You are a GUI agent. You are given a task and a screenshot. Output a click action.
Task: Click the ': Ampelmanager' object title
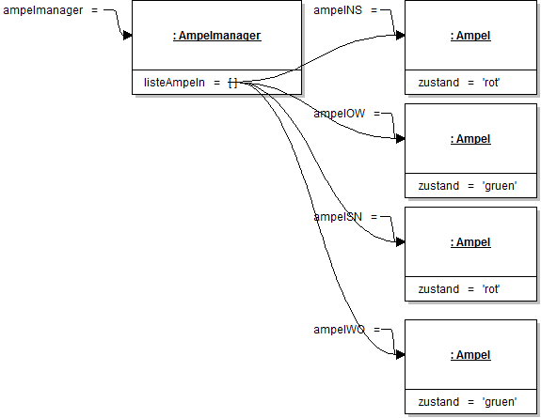point(216,36)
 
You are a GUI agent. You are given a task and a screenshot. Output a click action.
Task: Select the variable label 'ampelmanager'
point(44,10)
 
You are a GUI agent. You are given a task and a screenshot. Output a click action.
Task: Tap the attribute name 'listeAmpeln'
point(174,84)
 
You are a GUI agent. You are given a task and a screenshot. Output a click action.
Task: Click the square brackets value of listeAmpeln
point(231,84)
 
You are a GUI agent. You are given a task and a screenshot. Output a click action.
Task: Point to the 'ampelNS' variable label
point(337,10)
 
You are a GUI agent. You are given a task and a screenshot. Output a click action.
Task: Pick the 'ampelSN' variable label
point(337,217)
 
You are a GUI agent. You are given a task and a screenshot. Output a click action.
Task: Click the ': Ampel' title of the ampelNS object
point(470,36)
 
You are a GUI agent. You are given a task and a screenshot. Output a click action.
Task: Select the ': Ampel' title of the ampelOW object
point(470,139)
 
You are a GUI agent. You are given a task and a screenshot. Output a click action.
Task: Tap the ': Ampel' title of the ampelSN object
point(470,242)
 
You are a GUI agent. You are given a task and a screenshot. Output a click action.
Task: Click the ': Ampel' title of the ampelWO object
point(470,355)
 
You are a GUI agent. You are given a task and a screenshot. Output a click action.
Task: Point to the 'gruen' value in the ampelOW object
point(499,186)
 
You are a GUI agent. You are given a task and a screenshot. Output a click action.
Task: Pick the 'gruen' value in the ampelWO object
point(499,402)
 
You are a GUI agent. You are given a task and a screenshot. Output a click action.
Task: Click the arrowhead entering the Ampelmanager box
point(127,36)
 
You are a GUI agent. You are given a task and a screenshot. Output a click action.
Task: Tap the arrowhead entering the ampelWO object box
point(400,355)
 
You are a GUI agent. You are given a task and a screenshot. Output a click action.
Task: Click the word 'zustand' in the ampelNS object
point(438,83)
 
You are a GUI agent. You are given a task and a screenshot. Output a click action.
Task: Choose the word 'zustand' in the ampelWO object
point(438,402)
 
